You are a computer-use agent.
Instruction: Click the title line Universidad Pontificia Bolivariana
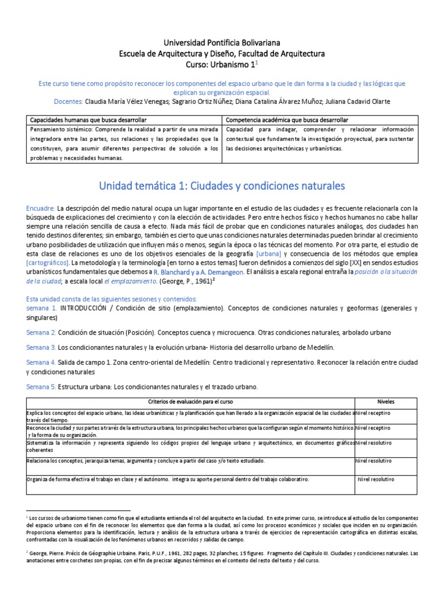(x=221, y=43)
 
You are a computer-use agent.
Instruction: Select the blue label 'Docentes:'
(x=68, y=102)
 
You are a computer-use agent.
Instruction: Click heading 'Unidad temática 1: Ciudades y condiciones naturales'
(x=221, y=186)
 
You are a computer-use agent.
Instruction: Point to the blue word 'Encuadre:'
(x=40, y=208)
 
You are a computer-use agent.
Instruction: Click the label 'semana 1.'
(x=42, y=308)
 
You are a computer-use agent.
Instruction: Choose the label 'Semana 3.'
(x=41, y=347)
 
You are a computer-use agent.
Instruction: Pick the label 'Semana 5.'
(x=41, y=386)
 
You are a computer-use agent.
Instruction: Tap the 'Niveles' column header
(x=385, y=401)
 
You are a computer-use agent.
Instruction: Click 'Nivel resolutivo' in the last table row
(x=376, y=479)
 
